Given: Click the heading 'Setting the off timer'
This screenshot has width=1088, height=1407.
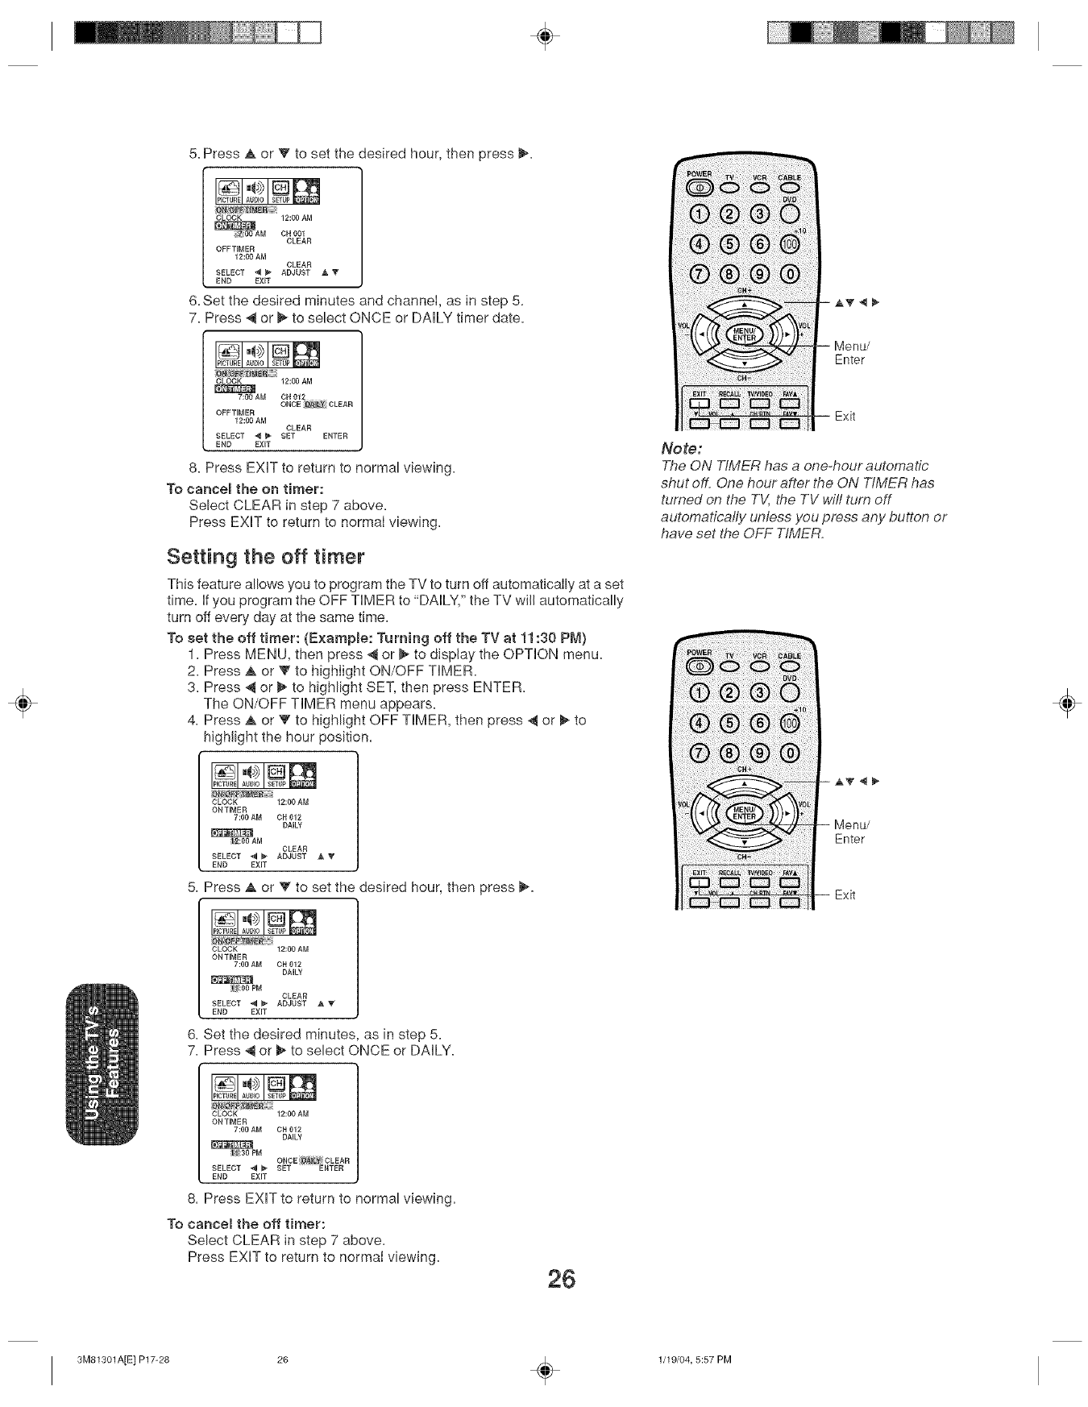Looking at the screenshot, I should pos(265,557).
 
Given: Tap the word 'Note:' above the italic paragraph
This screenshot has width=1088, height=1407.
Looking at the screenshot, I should pos(682,447).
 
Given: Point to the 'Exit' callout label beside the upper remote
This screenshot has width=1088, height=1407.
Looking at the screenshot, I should pos(845,416).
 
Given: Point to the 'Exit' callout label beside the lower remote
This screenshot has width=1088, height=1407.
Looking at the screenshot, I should pos(845,894).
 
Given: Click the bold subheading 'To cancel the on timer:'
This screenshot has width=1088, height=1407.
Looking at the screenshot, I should pos(245,489).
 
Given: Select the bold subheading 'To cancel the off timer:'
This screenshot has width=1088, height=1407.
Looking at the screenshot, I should pos(245,1222).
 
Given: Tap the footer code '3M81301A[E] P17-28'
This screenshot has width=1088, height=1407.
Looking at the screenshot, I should pos(123,1360).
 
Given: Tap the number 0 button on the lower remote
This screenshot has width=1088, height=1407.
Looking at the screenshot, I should pos(791,753).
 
